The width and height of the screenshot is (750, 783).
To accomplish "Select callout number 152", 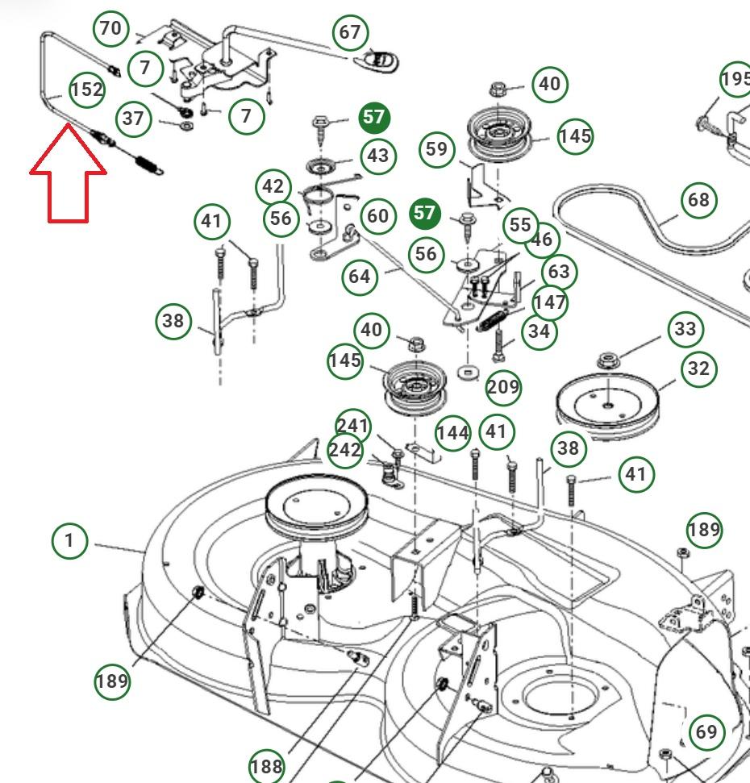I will [86, 90].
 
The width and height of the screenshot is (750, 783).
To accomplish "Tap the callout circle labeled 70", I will [110, 29].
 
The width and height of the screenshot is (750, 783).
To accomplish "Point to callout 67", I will [350, 32].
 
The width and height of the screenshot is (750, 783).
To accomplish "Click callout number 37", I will [133, 119].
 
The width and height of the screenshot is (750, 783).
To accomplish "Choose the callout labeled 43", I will [377, 155].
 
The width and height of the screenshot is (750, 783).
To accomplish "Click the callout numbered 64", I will [360, 277].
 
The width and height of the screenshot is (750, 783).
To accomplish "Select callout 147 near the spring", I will [550, 303].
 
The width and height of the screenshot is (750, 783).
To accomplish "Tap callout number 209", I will [503, 388].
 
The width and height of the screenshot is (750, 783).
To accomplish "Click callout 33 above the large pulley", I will [685, 328].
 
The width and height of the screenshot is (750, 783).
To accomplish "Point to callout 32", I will [698, 368].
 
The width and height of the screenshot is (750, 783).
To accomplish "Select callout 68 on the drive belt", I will [699, 199].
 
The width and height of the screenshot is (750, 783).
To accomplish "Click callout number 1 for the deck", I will [69, 539].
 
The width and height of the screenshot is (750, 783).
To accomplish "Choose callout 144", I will [452, 433].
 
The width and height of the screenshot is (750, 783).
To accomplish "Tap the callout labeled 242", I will [345, 450].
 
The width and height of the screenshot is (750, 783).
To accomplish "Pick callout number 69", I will [706, 731].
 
